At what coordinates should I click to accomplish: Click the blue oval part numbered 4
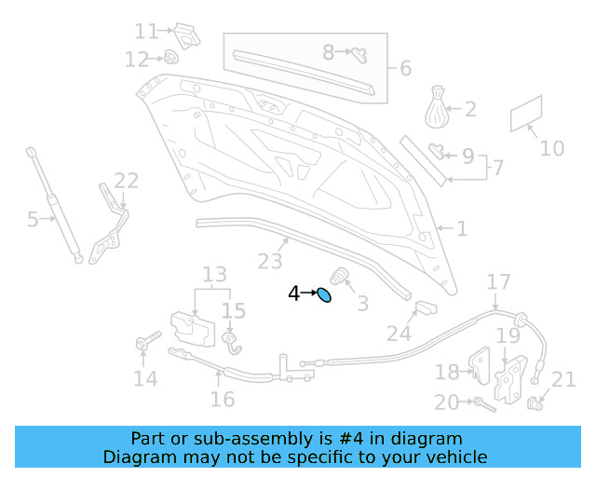[324, 295]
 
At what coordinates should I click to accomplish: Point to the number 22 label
[126, 181]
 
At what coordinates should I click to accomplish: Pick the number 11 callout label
[146, 33]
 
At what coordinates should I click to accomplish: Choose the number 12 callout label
[137, 60]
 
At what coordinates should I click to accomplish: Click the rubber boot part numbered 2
[438, 107]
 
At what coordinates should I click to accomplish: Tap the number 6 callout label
[405, 68]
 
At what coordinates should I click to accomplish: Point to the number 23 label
[270, 262]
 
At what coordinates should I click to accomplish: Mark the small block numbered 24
[425, 308]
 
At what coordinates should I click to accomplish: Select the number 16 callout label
[222, 400]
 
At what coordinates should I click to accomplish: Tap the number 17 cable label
[499, 281]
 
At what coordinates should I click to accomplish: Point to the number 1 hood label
[461, 228]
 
